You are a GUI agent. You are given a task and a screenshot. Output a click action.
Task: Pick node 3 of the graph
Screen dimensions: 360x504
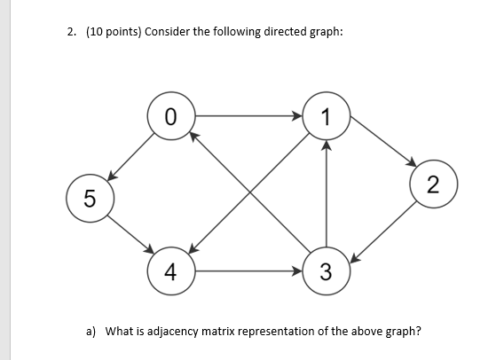pos(327,270)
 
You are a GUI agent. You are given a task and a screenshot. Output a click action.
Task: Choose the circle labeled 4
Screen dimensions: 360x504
pos(171,270)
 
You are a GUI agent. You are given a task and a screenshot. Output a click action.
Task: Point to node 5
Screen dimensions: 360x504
pos(86,196)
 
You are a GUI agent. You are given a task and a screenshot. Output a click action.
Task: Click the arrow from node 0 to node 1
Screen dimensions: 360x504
pos(248,114)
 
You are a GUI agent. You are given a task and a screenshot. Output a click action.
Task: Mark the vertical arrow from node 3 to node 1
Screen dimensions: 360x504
pos(327,195)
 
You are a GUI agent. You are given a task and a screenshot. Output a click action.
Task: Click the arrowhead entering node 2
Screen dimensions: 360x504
pos(412,163)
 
